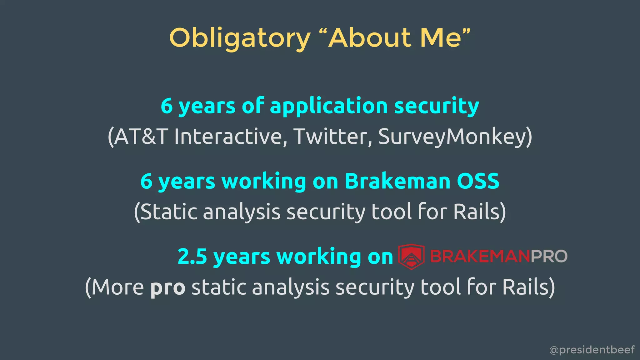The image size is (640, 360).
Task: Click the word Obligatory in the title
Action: pyautogui.click(x=240, y=38)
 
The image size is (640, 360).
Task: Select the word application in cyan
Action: pyautogui.click(x=329, y=106)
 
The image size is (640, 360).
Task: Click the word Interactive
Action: pyautogui.click(x=228, y=137)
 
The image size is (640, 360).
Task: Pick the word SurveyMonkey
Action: pyautogui.click(x=452, y=137)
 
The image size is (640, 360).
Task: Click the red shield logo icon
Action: pyautogui.click(x=411, y=257)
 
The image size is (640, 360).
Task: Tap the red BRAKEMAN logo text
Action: pyautogui.click(x=480, y=257)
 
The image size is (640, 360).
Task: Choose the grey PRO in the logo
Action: pyautogui.click(x=549, y=257)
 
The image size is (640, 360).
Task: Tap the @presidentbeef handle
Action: pyautogui.click(x=592, y=350)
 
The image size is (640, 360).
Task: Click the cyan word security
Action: pyautogui.click(x=437, y=106)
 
